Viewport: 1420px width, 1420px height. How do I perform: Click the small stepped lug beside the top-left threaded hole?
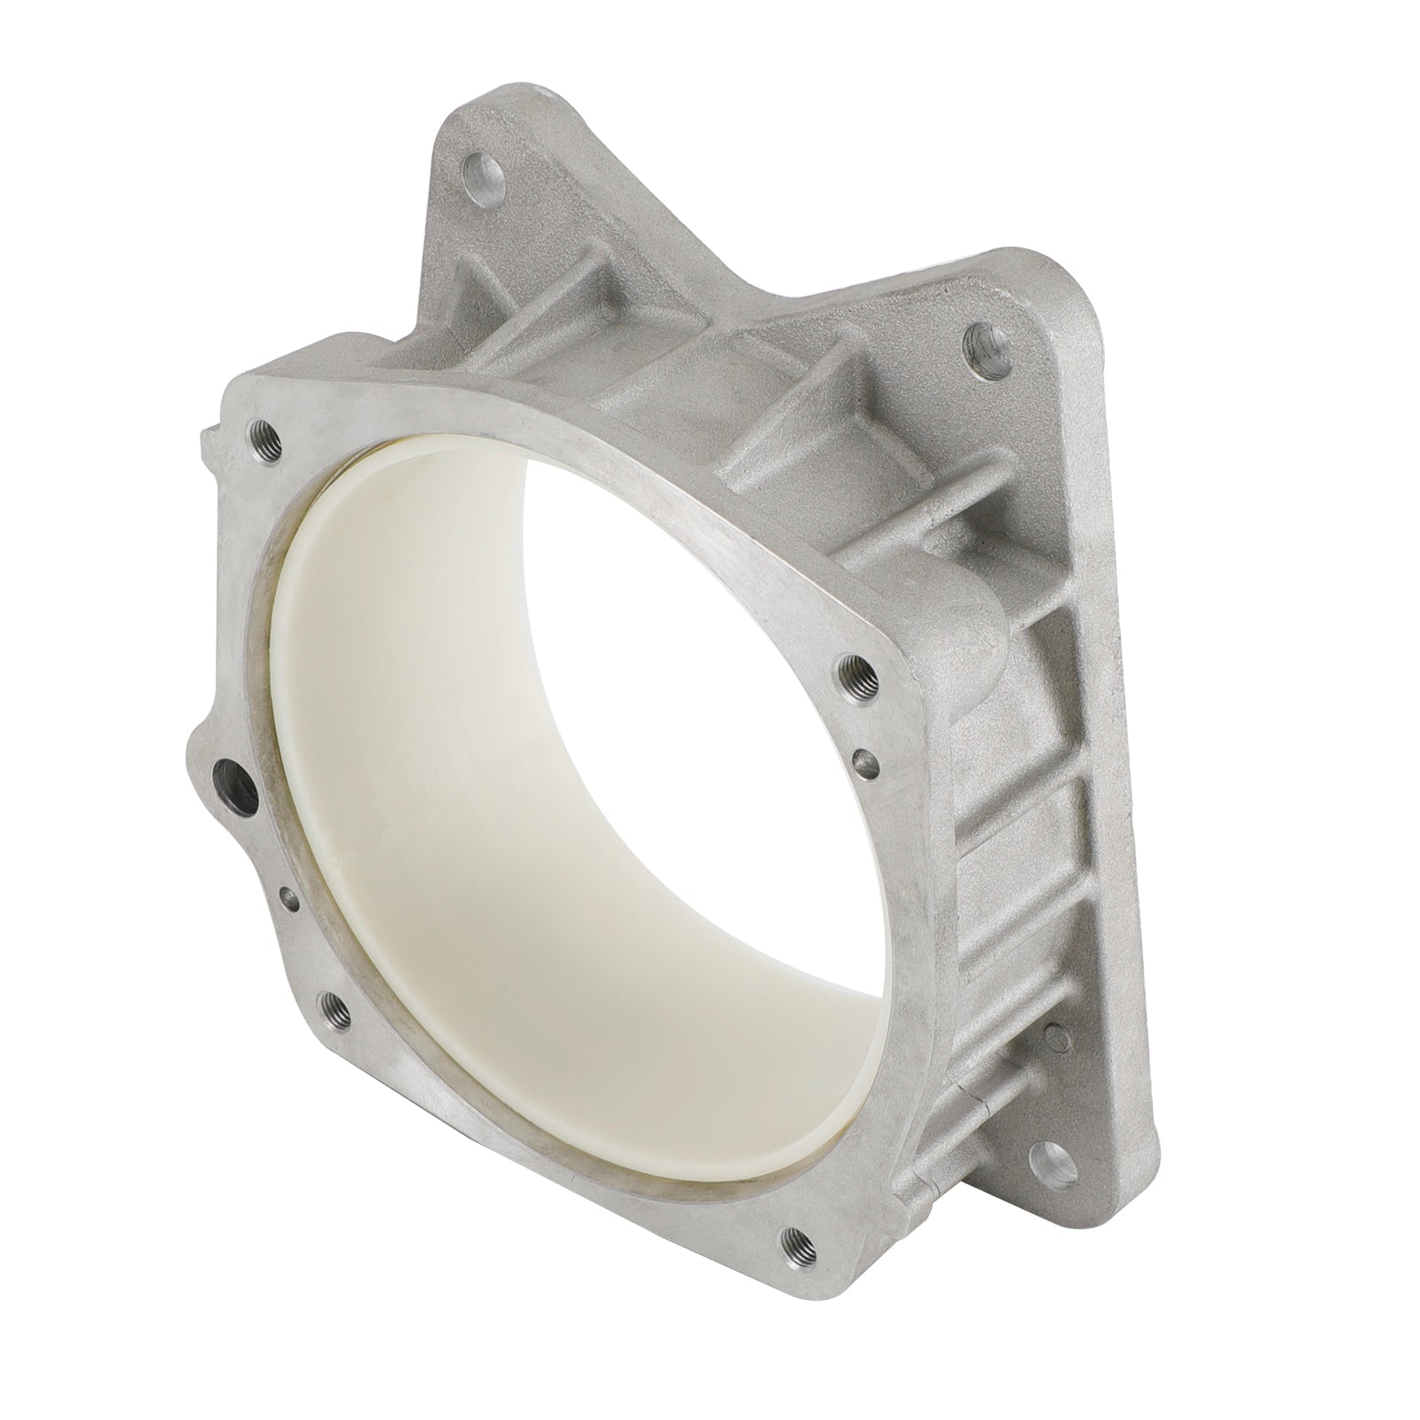click(x=211, y=437)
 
